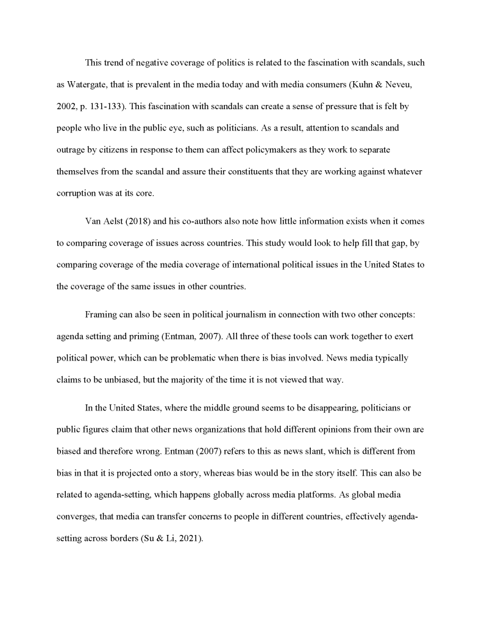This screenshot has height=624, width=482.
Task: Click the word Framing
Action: (x=101, y=314)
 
